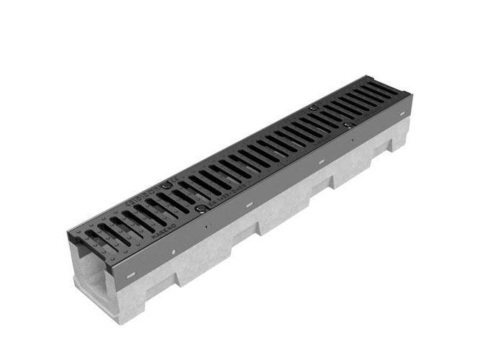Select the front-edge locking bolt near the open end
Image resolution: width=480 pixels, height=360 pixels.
pos(202,210)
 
